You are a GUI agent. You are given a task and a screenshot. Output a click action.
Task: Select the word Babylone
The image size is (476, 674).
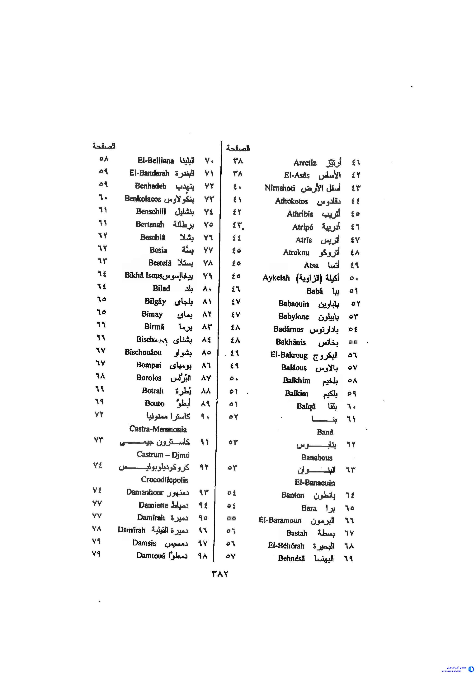click(294, 317)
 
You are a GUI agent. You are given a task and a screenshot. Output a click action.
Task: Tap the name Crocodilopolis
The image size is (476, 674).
click(164, 480)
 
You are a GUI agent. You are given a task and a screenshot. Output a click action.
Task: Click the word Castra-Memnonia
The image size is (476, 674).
click(158, 429)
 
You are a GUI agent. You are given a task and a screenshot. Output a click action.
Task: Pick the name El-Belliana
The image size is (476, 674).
click(156, 161)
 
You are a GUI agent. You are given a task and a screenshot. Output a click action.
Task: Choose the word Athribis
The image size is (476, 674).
click(300, 214)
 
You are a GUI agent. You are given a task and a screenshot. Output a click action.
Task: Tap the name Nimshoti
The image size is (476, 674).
click(280, 188)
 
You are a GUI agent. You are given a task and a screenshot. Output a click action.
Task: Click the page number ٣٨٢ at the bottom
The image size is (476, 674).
click(219, 574)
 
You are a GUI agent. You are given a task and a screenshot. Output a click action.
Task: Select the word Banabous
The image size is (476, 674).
click(317, 458)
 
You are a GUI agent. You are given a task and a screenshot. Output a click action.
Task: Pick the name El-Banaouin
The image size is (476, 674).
click(314, 483)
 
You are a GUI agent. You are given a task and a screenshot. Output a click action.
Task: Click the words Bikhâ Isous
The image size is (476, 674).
click(143, 275)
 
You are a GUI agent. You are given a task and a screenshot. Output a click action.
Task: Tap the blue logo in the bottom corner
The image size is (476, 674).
click(472, 669)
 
